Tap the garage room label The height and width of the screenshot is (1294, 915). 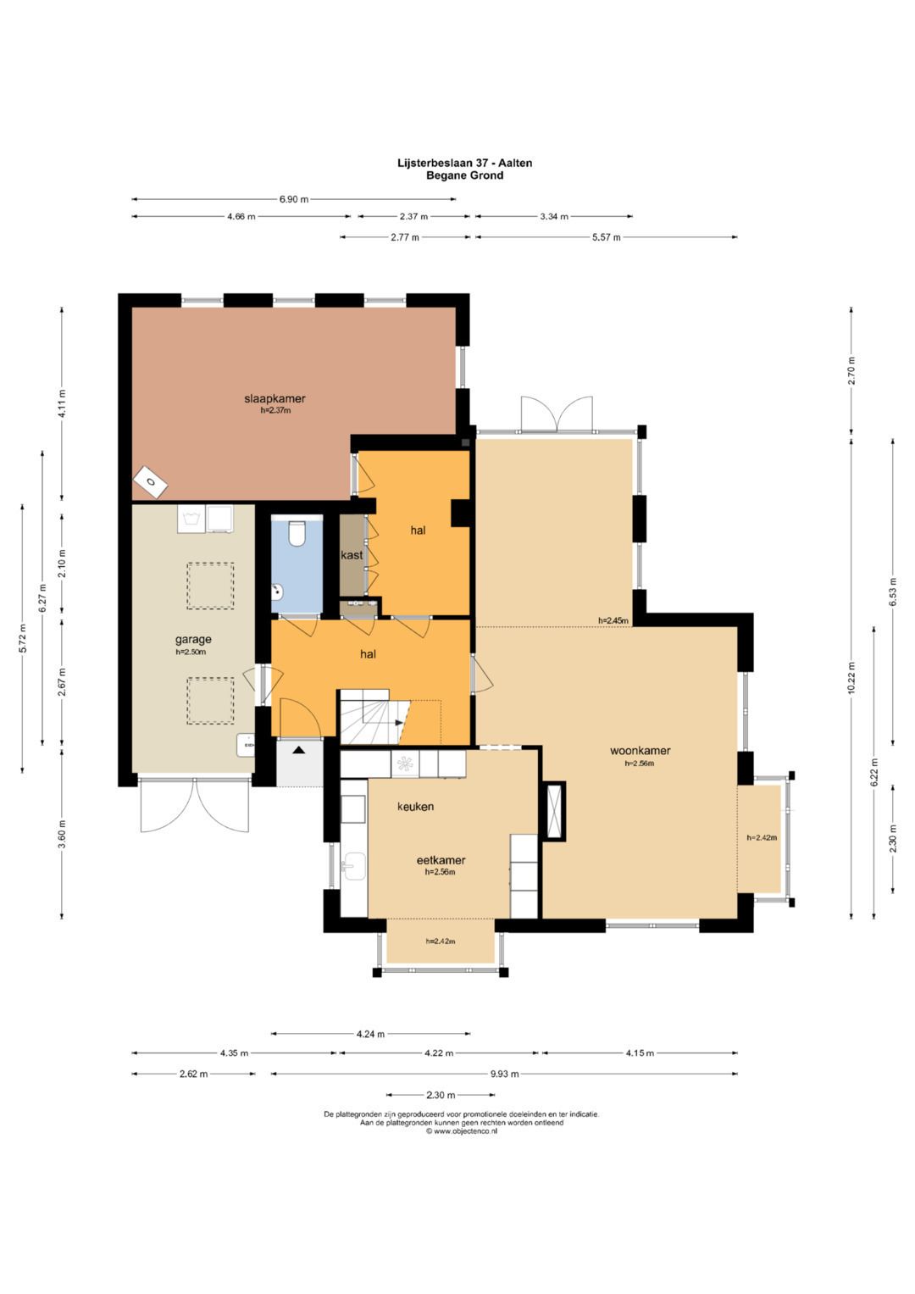(193, 640)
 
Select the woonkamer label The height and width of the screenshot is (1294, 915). (640, 751)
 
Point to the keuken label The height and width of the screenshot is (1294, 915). (415, 807)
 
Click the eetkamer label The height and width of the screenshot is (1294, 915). (441, 860)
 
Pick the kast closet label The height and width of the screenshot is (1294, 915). (352, 555)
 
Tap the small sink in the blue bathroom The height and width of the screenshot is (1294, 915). (277, 591)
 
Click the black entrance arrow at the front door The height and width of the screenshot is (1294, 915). (298, 751)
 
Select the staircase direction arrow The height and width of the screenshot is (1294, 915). (398, 722)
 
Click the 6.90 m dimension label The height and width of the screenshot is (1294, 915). (294, 199)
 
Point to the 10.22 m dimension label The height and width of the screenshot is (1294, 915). (851, 678)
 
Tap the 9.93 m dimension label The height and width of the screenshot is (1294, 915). (504, 1074)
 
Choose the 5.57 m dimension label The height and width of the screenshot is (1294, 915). (606, 236)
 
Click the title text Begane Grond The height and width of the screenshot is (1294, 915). (464, 175)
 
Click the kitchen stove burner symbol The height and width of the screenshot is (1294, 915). (405, 764)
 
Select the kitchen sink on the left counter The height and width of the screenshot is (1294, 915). (353, 866)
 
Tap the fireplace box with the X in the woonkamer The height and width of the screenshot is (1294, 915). (554, 811)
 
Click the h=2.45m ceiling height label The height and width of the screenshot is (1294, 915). (613, 620)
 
